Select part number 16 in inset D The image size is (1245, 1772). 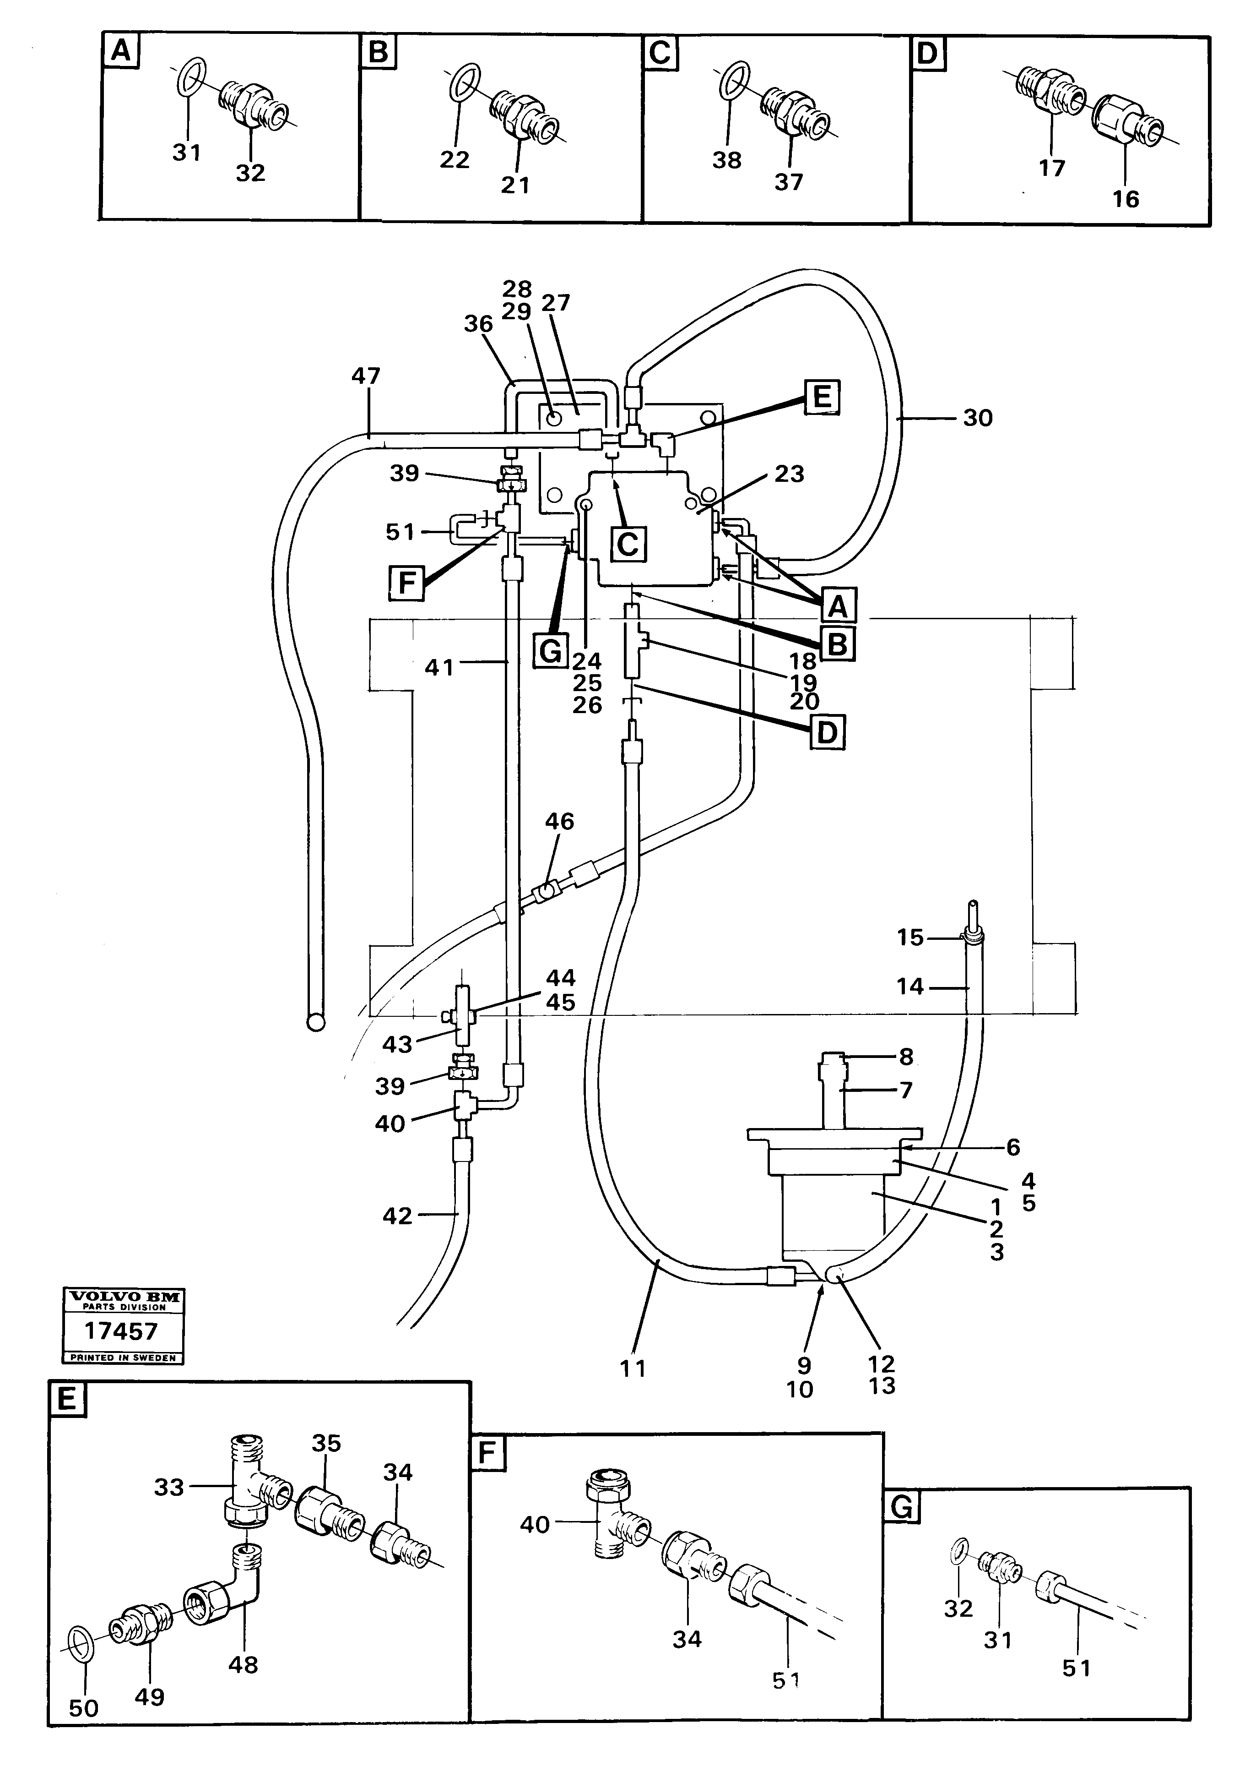[x=1126, y=199]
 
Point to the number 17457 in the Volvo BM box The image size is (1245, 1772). [x=121, y=1331]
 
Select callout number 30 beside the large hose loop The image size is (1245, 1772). [x=977, y=418]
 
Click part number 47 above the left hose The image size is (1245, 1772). [x=366, y=376]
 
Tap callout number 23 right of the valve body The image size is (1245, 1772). [x=788, y=474]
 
